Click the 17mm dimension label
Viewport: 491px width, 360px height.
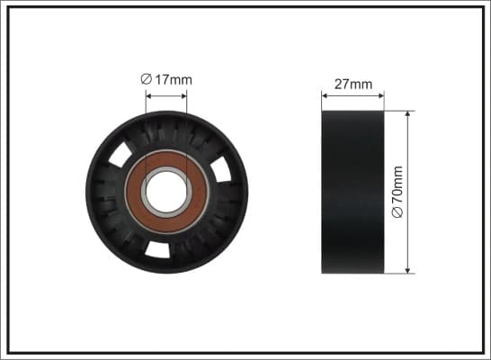[x=174, y=80]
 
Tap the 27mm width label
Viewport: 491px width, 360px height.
[x=353, y=85]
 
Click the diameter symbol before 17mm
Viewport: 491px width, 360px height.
[x=147, y=79]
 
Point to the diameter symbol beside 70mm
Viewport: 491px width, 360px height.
[x=397, y=212]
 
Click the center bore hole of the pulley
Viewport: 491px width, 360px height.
[x=166, y=192]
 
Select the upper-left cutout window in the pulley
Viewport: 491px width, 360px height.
[x=121, y=154]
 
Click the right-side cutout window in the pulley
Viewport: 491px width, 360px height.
[x=221, y=168]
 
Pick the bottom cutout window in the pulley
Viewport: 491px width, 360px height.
[x=158, y=249]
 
